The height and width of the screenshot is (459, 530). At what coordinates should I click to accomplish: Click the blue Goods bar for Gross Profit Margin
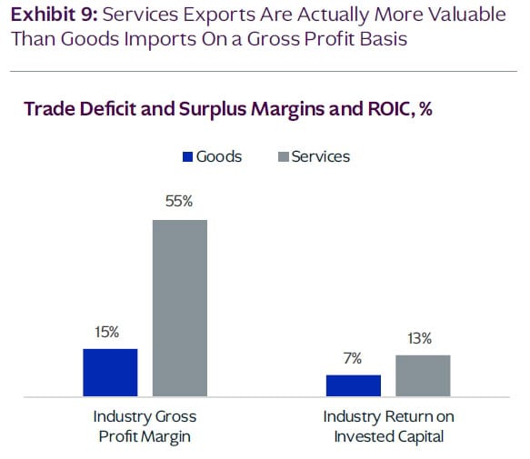[x=110, y=373]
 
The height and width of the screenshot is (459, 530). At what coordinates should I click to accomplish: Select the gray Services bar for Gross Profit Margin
[x=179, y=308]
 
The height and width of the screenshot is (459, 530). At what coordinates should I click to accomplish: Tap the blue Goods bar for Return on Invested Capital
[x=354, y=385]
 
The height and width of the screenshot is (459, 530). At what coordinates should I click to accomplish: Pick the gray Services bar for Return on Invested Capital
[x=423, y=375]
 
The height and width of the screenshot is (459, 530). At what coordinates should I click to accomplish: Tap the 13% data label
[x=421, y=338]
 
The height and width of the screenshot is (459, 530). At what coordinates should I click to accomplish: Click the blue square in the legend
[x=188, y=156]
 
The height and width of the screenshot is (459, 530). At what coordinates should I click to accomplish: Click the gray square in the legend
[x=283, y=156]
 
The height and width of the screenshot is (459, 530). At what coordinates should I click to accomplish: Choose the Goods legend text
[x=219, y=156]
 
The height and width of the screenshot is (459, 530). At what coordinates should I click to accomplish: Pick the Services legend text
[x=320, y=156]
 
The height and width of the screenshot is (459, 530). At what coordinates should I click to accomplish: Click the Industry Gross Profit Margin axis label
[x=145, y=425]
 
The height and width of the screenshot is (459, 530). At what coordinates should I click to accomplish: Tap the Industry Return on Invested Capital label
[x=388, y=425]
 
